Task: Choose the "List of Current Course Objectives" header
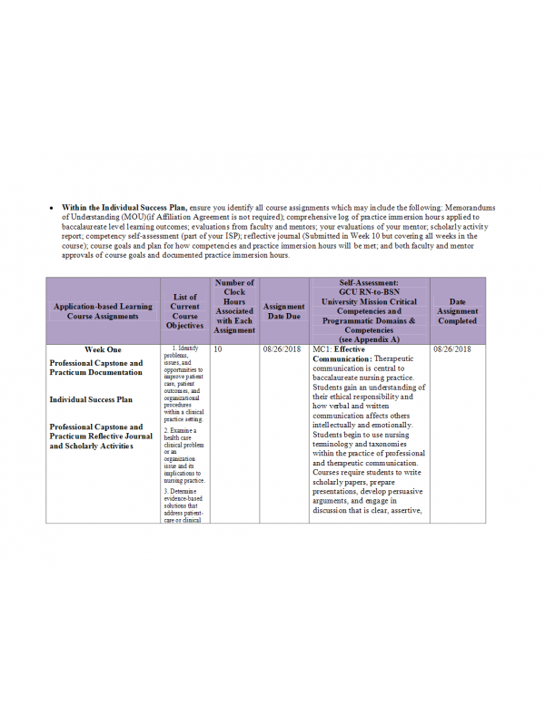[x=185, y=310]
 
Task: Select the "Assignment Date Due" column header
[x=283, y=311]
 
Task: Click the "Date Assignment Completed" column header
[x=457, y=311]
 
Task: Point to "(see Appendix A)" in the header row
[x=369, y=339]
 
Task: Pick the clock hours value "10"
[x=218, y=349]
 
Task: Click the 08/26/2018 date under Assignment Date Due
[x=282, y=349]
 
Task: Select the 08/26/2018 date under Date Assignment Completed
[x=451, y=349]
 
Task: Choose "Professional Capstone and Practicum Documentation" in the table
[x=96, y=368]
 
